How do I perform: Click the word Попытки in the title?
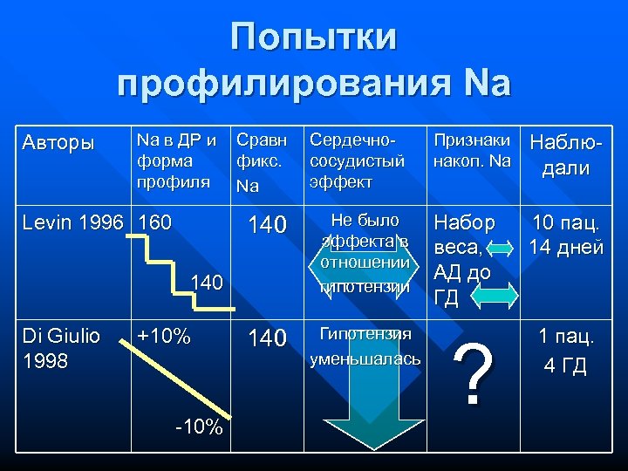314,37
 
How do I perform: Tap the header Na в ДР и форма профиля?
174,160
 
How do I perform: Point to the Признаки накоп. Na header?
470,150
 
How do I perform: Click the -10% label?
198,427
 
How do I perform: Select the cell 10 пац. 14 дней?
568,235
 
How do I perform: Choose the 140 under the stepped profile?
207,283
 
